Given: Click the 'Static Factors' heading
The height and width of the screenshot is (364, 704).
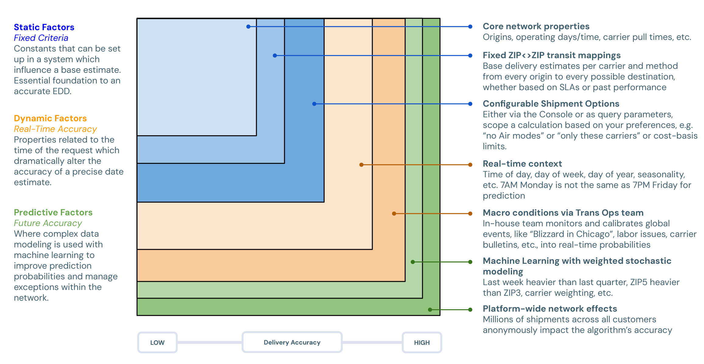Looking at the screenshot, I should point(44,27).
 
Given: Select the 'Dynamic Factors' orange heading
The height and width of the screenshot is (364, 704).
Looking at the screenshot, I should point(50,118).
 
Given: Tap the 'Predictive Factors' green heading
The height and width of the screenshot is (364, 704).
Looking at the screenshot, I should point(53,213).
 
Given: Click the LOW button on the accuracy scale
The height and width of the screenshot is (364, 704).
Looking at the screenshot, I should point(157,343).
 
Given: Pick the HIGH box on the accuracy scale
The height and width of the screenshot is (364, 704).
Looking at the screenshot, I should point(422,343).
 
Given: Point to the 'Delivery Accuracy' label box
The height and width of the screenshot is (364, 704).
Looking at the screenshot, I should point(292,343).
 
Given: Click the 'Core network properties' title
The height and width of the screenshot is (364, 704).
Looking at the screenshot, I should point(536,27).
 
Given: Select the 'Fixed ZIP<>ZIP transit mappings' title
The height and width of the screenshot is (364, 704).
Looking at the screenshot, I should point(552,55).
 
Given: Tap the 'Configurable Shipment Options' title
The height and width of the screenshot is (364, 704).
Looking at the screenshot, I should point(551,104).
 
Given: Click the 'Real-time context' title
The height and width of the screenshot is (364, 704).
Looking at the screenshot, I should point(522,164).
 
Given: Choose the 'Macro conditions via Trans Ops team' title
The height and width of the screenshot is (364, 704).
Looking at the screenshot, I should point(563,213).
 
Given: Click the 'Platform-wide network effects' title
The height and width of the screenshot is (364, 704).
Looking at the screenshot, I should point(550,309).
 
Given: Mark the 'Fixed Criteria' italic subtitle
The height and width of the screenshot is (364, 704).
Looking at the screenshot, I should point(41,38).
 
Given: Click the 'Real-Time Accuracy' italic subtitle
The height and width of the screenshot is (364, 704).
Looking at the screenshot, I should point(55,129).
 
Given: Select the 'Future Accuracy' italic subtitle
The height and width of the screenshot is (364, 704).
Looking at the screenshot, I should point(48,223).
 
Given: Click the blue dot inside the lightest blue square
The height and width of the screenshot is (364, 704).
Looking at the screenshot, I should point(249,27).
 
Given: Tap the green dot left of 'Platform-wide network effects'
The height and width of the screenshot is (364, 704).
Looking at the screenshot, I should point(470,310).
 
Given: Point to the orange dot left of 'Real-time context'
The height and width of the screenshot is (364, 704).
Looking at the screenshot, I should point(470,165).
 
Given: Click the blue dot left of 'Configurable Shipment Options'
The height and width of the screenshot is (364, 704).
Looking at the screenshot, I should point(470,104).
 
